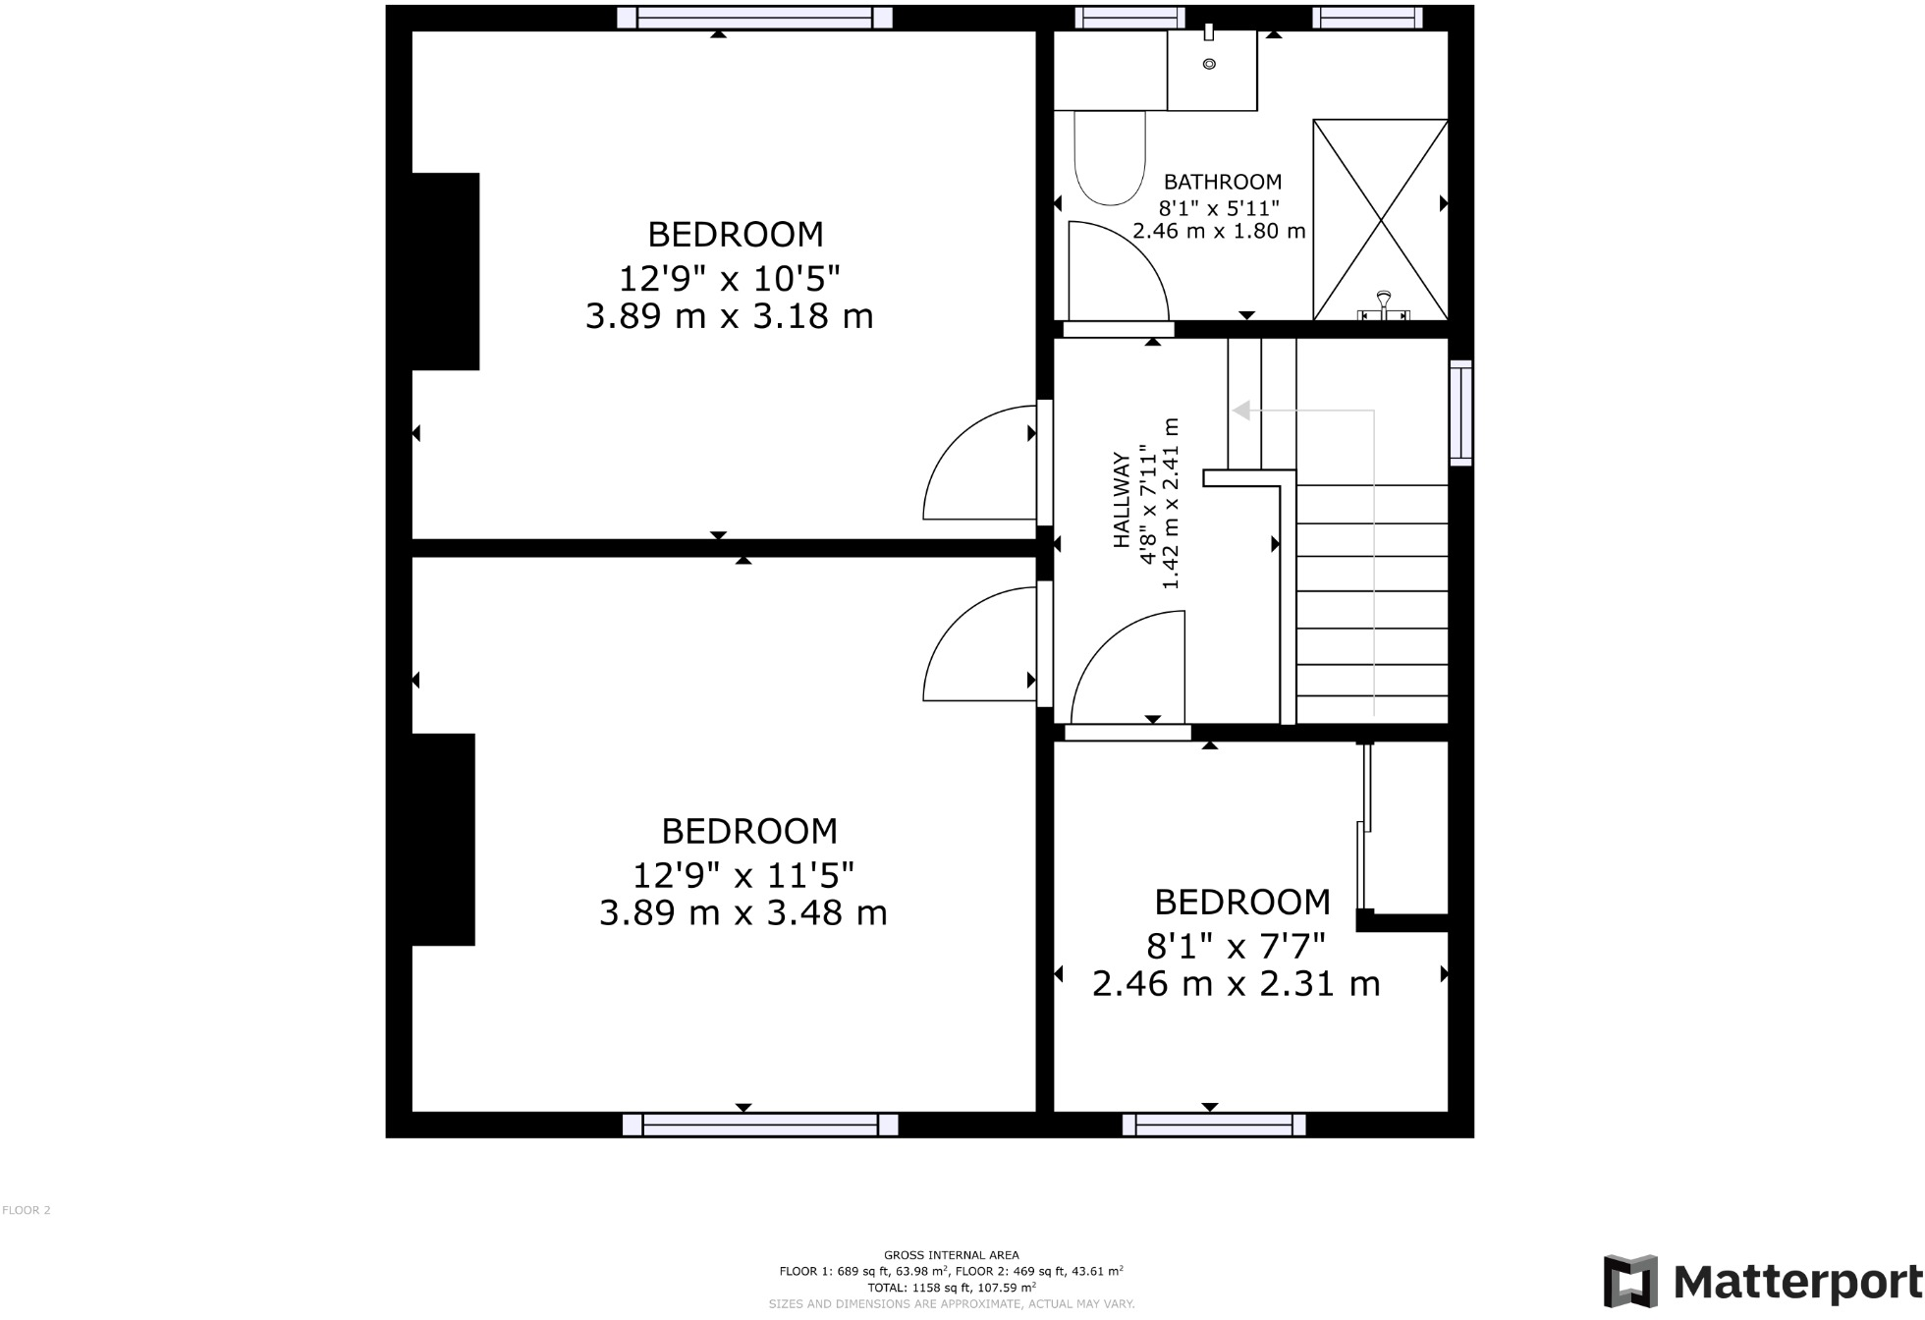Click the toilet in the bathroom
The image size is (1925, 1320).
click(x=1110, y=157)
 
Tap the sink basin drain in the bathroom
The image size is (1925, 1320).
click(x=1209, y=64)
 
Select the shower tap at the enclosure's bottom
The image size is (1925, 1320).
click(x=1383, y=305)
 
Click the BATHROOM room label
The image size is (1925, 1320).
click(x=1222, y=182)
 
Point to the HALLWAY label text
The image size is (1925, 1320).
click(x=1121, y=500)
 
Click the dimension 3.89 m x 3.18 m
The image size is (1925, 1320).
click(x=729, y=316)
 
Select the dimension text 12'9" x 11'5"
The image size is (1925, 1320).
click(x=742, y=873)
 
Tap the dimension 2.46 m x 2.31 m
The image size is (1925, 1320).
click(x=1236, y=983)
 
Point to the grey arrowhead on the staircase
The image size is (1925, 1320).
click(x=1241, y=411)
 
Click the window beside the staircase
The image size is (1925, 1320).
click(x=1460, y=412)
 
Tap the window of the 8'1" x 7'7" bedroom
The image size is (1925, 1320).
click(x=1214, y=1125)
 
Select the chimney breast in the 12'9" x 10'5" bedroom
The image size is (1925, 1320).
click(x=445, y=272)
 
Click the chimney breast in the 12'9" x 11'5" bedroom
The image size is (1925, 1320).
click(x=443, y=840)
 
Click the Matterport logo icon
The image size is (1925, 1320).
click(x=1630, y=1281)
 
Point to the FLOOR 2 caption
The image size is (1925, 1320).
click(x=27, y=1210)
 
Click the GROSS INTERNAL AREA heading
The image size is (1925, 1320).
click(x=951, y=1254)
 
